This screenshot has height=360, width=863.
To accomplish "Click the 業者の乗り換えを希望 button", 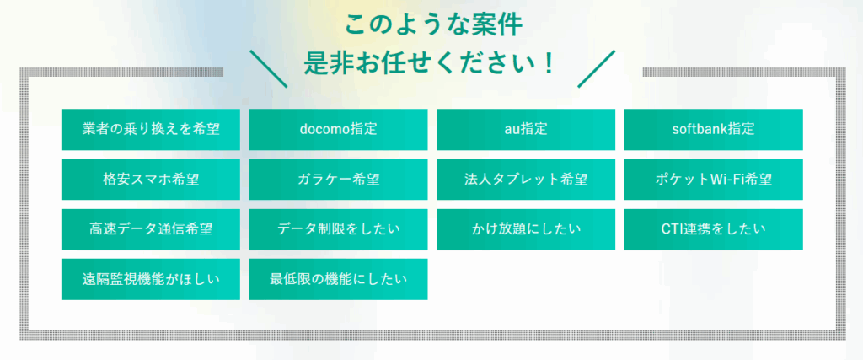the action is (x=150, y=129).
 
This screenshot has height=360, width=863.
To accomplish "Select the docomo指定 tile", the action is (x=338, y=129).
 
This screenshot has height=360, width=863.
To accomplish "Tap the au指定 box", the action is (x=526, y=129).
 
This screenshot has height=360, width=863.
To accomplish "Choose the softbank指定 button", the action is (x=713, y=129).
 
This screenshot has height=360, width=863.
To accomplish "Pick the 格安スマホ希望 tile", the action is (x=150, y=180).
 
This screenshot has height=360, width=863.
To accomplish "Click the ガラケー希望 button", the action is (x=338, y=180).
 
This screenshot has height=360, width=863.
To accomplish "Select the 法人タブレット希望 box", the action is (x=526, y=180).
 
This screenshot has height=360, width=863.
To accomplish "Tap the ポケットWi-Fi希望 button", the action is (x=713, y=180).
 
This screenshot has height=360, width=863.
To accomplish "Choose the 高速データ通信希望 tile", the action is (x=150, y=229).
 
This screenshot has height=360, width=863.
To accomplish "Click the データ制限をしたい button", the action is (x=338, y=229).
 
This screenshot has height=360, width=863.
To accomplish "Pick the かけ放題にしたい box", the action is (x=526, y=229).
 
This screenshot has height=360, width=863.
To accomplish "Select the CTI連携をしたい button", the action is (x=713, y=229).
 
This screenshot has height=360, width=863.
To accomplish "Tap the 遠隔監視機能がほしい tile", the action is (x=150, y=280).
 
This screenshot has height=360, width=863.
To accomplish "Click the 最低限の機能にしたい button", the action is (x=338, y=280).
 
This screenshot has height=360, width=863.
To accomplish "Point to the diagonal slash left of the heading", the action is (x=269, y=69).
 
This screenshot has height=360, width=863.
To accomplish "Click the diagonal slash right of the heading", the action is (x=596, y=69).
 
